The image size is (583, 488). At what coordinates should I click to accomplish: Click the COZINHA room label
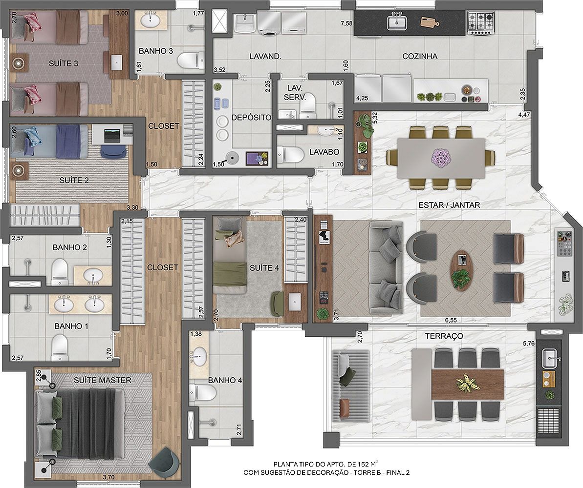point(420,57)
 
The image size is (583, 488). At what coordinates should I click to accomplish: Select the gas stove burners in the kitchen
point(481,22)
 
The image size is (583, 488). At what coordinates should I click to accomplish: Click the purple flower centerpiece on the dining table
point(441,157)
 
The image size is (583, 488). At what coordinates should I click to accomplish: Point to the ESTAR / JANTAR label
point(449,205)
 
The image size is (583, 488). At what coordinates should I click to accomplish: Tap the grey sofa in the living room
point(386,268)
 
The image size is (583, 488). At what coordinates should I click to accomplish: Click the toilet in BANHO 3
point(191,60)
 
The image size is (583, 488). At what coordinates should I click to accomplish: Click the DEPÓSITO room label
point(251,117)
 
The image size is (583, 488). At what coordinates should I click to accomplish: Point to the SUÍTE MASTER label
point(102,380)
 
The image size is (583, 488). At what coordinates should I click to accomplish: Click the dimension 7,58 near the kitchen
point(346,24)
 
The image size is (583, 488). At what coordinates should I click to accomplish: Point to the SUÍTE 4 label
point(264,268)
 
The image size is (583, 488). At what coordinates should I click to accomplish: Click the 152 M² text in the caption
point(368,464)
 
